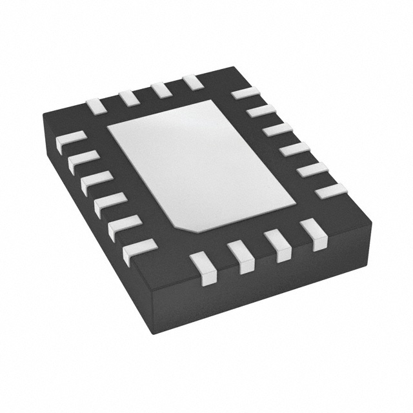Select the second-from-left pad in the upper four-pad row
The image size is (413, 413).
[x=128, y=97]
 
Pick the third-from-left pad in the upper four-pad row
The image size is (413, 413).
[x=161, y=90]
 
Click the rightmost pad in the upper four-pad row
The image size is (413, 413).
[x=192, y=83]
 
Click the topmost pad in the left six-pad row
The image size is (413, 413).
[x=70, y=142]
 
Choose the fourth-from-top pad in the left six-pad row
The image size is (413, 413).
[x=110, y=204]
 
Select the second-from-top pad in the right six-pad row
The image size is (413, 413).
[x=261, y=110]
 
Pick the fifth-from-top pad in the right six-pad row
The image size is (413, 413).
[x=313, y=170]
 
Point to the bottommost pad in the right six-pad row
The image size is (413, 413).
[x=331, y=190]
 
